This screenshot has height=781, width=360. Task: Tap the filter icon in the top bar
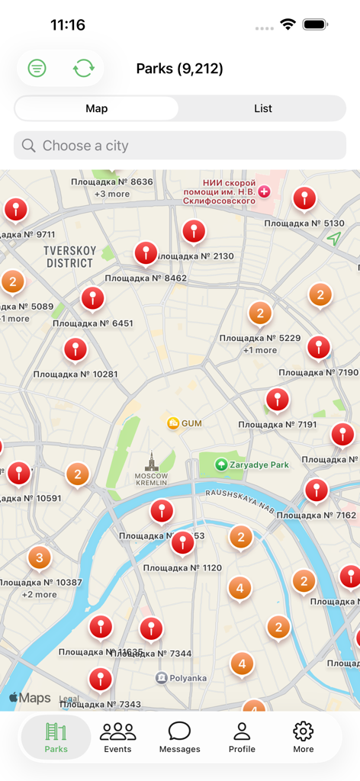[x=37, y=69]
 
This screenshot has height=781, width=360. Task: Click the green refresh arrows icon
[x=84, y=69]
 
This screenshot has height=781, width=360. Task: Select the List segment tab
[x=263, y=108]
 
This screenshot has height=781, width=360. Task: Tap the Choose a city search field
[x=180, y=146]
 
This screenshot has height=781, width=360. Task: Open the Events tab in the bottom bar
[x=117, y=738]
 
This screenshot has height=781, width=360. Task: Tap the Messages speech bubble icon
[x=179, y=732]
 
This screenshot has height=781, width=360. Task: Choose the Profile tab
[x=242, y=738]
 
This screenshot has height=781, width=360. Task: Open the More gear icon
[x=304, y=738]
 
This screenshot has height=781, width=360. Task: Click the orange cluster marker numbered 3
[x=40, y=558]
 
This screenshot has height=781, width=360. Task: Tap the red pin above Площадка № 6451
[x=92, y=298]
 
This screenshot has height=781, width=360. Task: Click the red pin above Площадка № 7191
[x=277, y=399]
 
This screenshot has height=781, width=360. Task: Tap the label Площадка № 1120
[x=182, y=568]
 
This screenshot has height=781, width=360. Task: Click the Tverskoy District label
[x=69, y=257]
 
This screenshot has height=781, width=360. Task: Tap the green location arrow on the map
[x=333, y=239]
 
